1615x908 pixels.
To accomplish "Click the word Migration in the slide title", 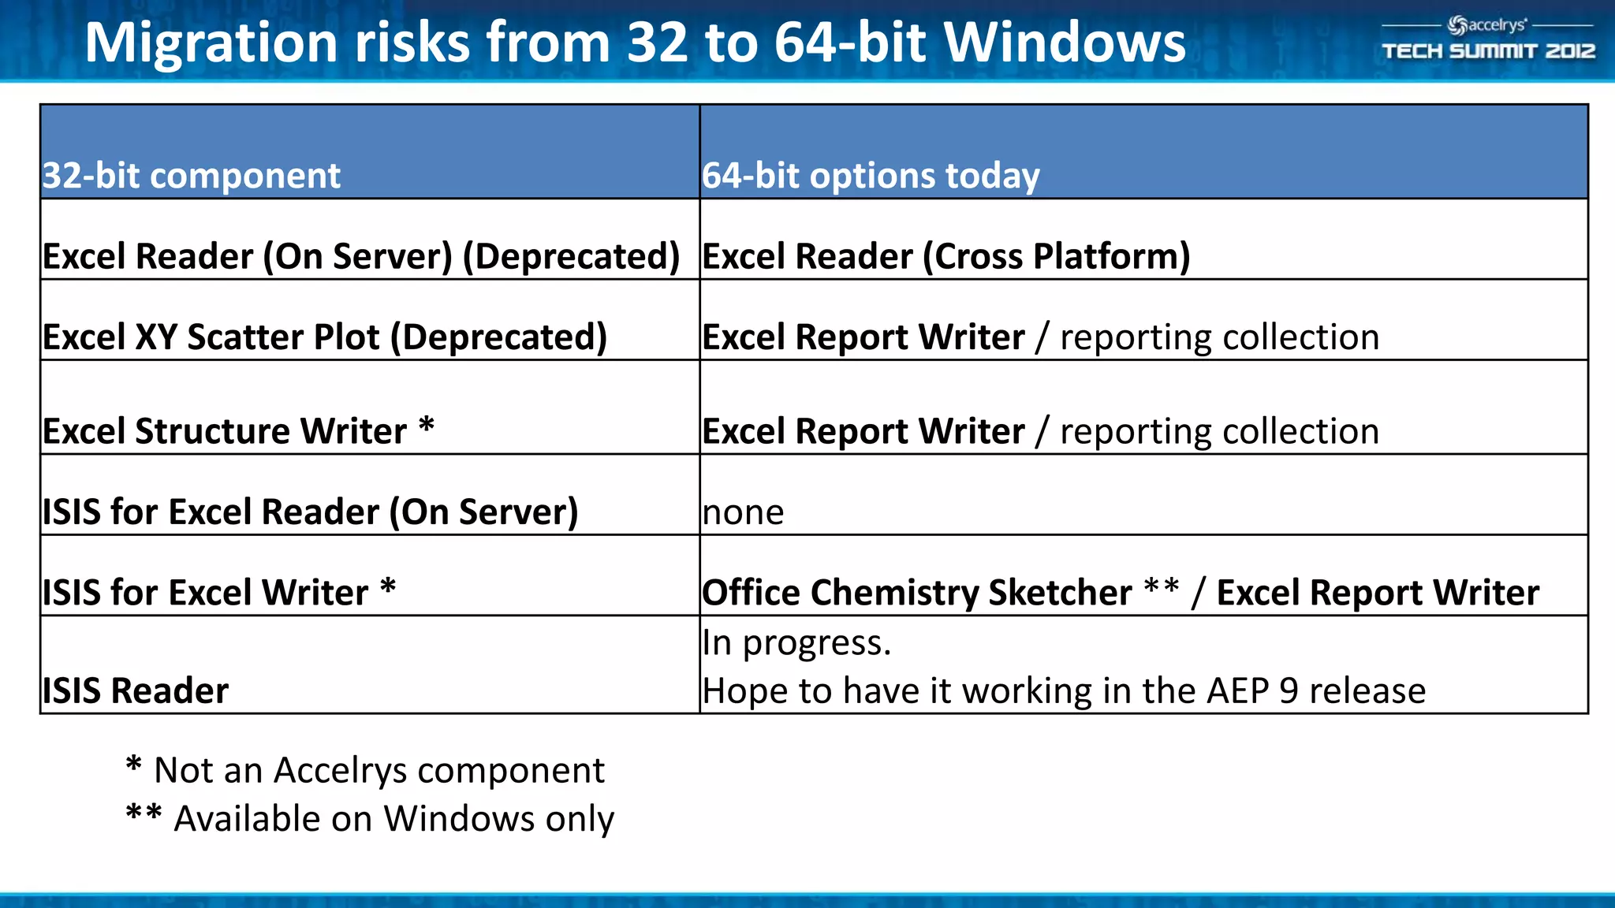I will tap(211, 43).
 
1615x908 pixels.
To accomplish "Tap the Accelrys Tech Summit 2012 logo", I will tap(1488, 39).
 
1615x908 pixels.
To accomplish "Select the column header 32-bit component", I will tap(192, 175).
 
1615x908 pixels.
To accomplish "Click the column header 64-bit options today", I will tap(871, 175).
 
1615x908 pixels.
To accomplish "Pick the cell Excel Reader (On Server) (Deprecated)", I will tap(361, 256).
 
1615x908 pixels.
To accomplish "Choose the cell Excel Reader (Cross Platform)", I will tap(946, 256).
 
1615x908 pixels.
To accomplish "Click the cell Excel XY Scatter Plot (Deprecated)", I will tap(325, 337).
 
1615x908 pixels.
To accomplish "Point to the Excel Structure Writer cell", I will tap(225, 431).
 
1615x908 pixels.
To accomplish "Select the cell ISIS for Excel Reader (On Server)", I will tap(310, 512).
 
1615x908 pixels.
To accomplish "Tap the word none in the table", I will tap(743, 513).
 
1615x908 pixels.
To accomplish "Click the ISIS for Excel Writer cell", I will tap(206, 593).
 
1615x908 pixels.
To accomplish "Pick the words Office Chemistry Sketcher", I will tap(917, 593).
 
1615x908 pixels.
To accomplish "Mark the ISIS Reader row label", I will tap(136, 690).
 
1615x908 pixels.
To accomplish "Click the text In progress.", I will tap(796, 642).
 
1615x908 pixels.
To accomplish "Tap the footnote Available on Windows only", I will tap(393, 819).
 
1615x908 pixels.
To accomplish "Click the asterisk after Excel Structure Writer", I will tap(427, 425).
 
